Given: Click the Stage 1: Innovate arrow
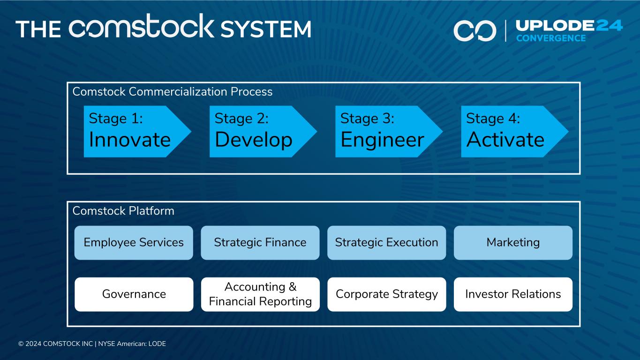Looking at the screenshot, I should [x=134, y=131].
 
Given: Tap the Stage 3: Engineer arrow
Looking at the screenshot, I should [x=385, y=131].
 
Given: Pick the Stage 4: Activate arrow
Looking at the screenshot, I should [x=511, y=131].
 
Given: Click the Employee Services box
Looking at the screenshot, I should [x=134, y=243].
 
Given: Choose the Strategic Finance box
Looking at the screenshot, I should [x=260, y=243].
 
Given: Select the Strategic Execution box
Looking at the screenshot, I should [x=386, y=243].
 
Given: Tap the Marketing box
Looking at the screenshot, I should [x=513, y=243].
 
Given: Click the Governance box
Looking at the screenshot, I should [x=134, y=294].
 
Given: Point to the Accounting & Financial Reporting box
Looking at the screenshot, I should [x=260, y=294].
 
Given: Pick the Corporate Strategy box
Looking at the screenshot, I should [x=386, y=294].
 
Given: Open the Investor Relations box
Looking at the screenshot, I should [x=513, y=294].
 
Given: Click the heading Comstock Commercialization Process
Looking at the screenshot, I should [x=172, y=92].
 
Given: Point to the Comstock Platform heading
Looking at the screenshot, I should [x=123, y=211].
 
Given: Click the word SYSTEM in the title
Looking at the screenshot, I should [x=265, y=29].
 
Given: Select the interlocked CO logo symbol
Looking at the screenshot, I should [x=474, y=30].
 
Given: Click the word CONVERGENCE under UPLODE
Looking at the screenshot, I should [x=551, y=38].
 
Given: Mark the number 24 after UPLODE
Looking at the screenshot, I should [x=609, y=25].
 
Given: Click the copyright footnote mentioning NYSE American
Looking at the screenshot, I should [x=92, y=344].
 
